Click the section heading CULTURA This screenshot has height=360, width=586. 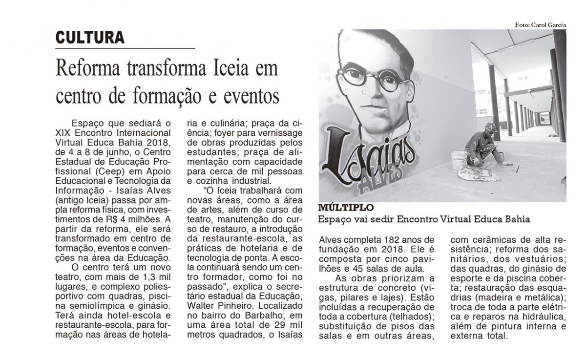click(x=89, y=37)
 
